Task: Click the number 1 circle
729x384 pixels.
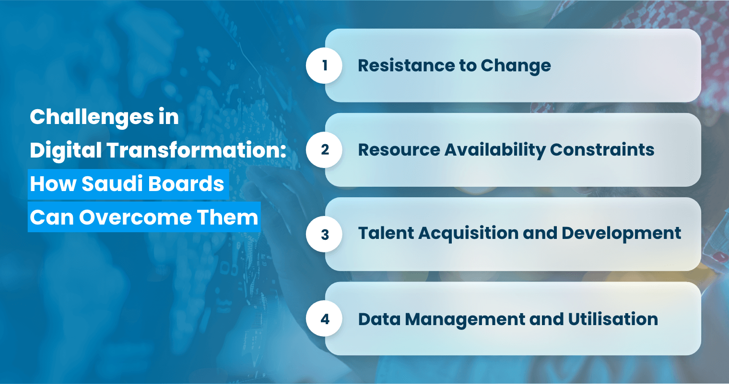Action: click(324, 65)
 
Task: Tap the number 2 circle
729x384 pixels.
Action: click(324, 150)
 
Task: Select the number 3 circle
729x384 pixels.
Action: click(324, 234)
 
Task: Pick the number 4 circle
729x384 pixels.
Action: click(324, 319)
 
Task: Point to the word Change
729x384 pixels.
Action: click(516, 66)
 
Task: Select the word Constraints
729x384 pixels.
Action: click(602, 150)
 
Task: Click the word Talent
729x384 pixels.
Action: click(386, 233)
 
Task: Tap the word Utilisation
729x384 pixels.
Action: click(613, 319)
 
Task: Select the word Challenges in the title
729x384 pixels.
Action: click(92, 117)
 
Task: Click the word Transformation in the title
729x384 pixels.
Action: click(197, 150)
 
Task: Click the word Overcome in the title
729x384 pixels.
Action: click(135, 217)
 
